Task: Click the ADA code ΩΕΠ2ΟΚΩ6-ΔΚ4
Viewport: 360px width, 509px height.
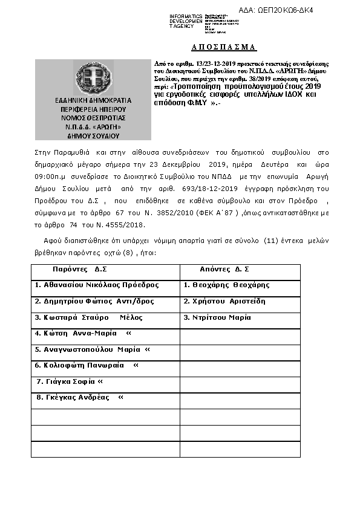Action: pyautogui.click(x=284, y=10)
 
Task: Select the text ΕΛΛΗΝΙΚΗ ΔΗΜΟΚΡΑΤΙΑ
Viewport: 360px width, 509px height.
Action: pyautogui.click(x=93, y=99)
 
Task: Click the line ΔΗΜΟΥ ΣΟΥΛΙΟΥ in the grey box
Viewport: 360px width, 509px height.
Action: pyautogui.click(x=93, y=137)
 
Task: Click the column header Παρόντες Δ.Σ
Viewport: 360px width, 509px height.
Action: pyautogui.click(x=79, y=269)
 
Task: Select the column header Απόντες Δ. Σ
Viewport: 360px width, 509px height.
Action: pyautogui.click(x=224, y=269)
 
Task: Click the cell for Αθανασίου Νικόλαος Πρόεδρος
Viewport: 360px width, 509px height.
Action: pyautogui.click(x=97, y=285)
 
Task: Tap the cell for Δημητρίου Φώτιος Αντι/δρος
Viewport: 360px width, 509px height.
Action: pyautogui.click(x=94, y=301)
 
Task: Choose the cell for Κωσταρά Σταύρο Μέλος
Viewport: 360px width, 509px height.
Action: pyautogui.click(x=89, y=317)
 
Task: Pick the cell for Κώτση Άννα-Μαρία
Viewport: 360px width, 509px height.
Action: pyautogui.click(x=83, y=333)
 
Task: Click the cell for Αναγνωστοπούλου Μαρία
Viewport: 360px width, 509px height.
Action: pyautogui.click(x=92, y=349)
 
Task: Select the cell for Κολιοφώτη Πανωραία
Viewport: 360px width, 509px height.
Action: pyautogui.click(x=87, y=365)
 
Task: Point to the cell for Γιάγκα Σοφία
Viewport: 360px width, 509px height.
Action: pyautogui.click(x=70, y=381)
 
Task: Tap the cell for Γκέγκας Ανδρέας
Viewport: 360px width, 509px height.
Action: pyautogui.click(x=80, y=397)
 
